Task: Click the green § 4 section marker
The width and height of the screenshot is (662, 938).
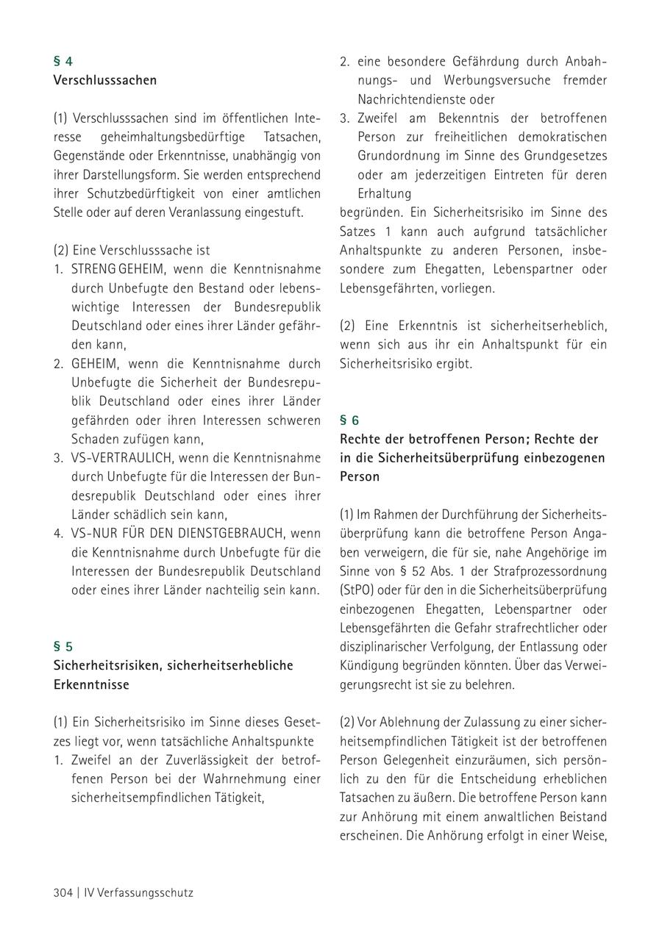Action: tap(63, 62)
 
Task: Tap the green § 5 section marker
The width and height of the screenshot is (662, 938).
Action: tap(63, 647)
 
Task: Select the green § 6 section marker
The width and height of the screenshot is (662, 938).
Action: tap(349, 420)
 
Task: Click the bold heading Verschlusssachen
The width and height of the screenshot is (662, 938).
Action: tap(105, 80)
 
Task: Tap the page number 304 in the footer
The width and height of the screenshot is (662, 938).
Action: tap(63, 893)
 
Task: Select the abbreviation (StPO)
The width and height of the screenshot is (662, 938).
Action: tap(357, 590)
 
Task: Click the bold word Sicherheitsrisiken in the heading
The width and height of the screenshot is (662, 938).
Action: tap(107, 665)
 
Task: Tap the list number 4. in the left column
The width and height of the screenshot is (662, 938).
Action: tap(58, 533)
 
